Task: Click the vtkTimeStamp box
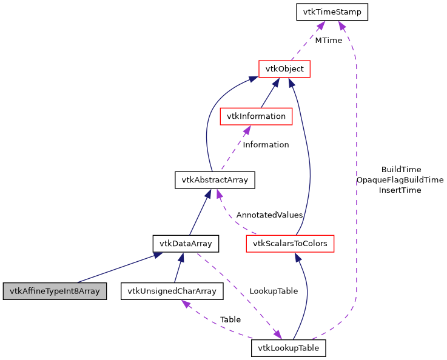pyautogui.click(x=332, y=12)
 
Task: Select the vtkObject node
pyautogui.click(x=284, y=69)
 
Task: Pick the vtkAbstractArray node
pyautogui.click(x=215, y=180)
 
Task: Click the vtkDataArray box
pyautogui.click(x=185, y=244)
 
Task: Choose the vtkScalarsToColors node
pyautogui.click(x=290, y=244)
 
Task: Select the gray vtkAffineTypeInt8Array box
pyautogui.click(x=55, y=291)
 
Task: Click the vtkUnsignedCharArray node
pyautogui.click(x=172, y=291)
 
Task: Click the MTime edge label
pyautogui.click(x=328, y=41)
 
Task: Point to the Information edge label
pyautogui.click(x=266, y=145)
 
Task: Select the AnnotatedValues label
pyautogui.click(x=269, y=215)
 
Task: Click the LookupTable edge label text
pyautogui.click(x=274, y=291)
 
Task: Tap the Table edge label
pyautogui.click(x=230, y=319)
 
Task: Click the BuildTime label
pyautogui.click(x=401, y=170)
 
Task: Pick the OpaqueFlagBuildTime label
pyautogui.click(x=400, y=180)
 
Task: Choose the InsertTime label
pyautogui.click(x=400, y=190)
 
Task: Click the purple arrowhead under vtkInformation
pyautogui.click(x=247, y=129)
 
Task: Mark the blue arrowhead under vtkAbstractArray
pyautogui.click(x=208, y=193)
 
